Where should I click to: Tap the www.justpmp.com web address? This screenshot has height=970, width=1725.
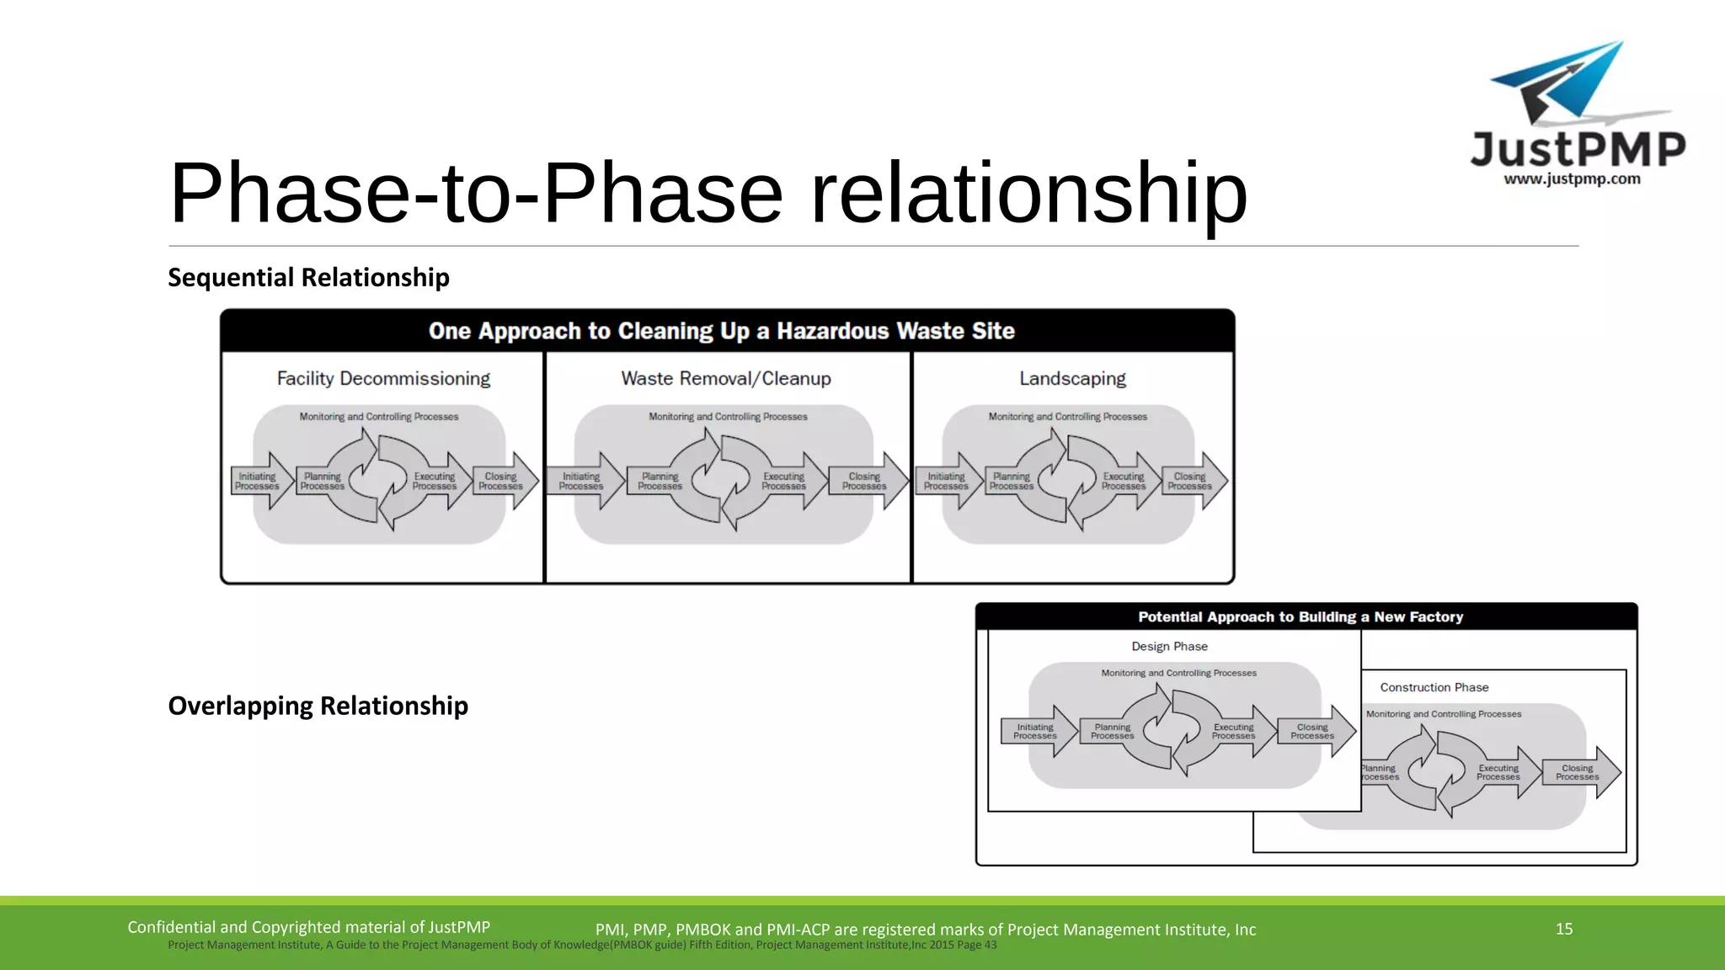(1572, 179)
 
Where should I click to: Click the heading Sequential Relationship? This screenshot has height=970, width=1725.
(308, 277)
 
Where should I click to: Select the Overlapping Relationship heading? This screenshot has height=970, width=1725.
(318, 706)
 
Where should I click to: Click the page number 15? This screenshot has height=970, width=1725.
(1564, 929)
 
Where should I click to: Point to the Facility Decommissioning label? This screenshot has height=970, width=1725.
(383, 379)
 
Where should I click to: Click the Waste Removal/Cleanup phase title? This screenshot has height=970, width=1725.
(726, 379)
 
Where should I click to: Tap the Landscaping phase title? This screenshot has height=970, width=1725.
(1072, 379)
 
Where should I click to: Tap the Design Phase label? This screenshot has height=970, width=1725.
(1169, 647)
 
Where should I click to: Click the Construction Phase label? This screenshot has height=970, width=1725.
(1434, 687)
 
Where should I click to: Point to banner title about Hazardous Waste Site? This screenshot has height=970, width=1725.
(721, 331)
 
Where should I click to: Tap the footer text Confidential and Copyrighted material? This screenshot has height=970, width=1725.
(308, 927)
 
